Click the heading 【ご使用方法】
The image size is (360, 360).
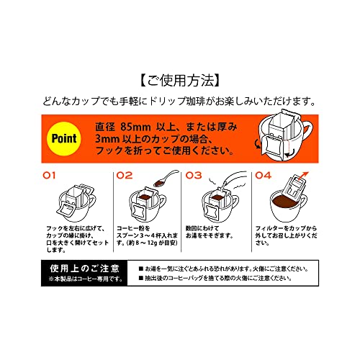[179, 77]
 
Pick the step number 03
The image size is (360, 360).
[193, 174]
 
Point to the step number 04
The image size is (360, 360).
[263, 174]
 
